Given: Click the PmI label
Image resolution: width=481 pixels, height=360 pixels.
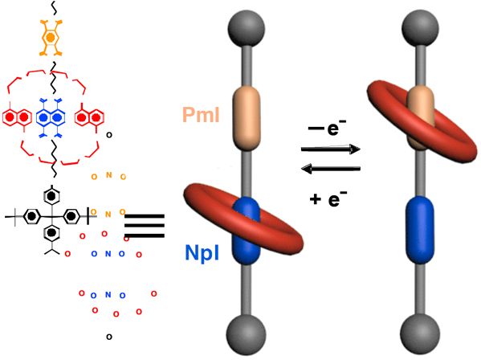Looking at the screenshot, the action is pos(201,115).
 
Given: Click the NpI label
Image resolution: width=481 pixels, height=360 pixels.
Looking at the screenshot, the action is pos(202,253).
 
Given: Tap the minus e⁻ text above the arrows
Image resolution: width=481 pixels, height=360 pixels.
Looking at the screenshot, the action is pos(327,127).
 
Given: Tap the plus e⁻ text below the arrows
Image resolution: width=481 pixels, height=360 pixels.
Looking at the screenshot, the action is pos(328,198).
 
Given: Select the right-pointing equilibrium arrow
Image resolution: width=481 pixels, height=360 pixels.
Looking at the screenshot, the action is pos(331,149).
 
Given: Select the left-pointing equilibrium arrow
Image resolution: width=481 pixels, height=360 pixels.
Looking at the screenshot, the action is pos(331,169).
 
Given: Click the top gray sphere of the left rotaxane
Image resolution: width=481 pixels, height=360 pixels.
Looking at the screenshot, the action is pos(246,29).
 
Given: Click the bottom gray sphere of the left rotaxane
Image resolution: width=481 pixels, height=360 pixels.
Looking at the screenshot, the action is pos(246,334).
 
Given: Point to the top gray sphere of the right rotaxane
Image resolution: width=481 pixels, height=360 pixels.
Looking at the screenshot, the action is pos(420,28).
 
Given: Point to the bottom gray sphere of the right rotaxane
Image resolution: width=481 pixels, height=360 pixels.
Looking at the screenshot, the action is pos(420,334).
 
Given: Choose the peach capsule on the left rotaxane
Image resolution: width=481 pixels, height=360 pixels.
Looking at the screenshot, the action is pos(247,118).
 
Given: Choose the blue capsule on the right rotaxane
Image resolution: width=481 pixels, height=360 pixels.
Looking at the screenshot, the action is pos(420,230).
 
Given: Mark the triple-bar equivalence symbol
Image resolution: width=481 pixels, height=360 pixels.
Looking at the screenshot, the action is pos(145,226).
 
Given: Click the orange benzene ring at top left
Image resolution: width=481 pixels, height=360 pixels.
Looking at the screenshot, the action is pos(51,38).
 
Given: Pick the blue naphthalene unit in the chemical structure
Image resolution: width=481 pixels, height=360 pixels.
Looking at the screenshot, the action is pos(51,117).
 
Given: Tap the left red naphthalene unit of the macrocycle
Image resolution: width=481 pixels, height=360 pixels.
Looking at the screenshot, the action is pos(17,117).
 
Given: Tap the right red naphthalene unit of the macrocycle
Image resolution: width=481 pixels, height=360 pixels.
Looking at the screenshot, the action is pos(89,117).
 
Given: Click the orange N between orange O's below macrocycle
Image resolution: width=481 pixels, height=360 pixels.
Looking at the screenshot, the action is pos(108,175).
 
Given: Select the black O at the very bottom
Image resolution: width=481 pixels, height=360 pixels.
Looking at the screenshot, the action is pos(109,337).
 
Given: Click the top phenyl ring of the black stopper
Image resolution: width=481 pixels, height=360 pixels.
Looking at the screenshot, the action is pos(51,196).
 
